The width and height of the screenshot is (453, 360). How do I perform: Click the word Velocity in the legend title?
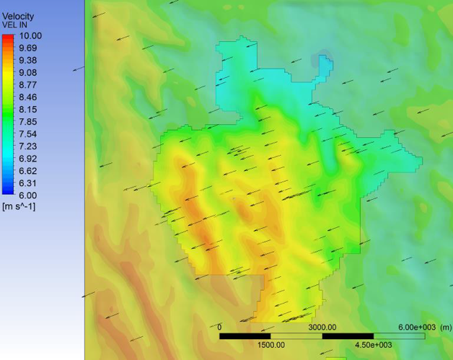pyautogui.click(x=17, y=16)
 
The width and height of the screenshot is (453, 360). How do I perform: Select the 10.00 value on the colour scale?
pyautogui.click(x=31, y=35)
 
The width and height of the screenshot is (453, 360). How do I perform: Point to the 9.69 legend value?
pyautogui.click(x=30, y=48)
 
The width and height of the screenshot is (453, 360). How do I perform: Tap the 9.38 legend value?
pyautogui.click(x=30, y=60)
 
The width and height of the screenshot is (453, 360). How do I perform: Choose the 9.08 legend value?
pyautogui.click(x=30, y=72)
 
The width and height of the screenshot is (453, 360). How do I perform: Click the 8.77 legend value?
pyautogui.click(x=30, y=84)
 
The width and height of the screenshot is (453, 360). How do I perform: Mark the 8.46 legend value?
pyautogui.click(x=30, y=97)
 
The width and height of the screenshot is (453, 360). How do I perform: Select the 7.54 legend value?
pyautogui.click(x=30, y=133)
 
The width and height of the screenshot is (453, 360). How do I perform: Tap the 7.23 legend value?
pyautogui.click(x=30, y=146)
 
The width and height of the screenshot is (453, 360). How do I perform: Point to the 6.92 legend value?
pyautogui.click(x=30, y=158)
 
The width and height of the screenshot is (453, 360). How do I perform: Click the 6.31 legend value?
pyautogui.click(x=30, y=183)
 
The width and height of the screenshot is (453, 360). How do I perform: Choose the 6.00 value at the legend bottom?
pyautogui.click(x=30, y=195)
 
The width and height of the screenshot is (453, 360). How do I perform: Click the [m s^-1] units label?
pyautogui.click(x=20, y=206)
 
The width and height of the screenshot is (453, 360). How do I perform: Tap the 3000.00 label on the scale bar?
pyautogui.click(x=322, y=327)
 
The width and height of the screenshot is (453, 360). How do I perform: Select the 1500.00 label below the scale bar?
pyautogui.click(x=271, y=345)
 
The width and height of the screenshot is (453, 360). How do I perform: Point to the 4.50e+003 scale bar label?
pyautogui.click(x=373, y=345)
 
